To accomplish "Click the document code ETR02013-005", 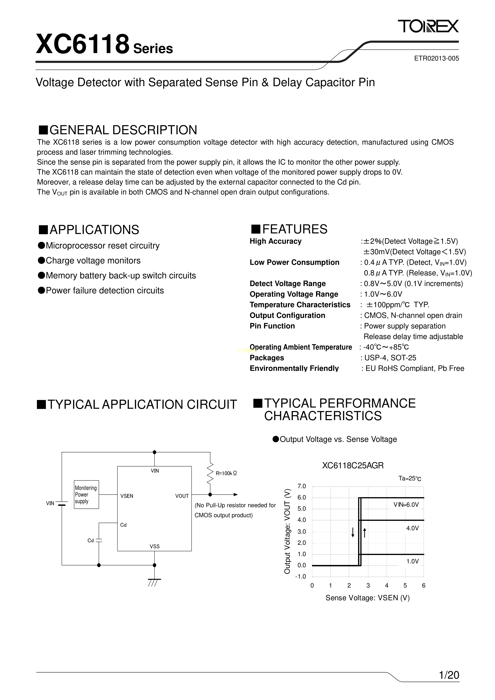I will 436,58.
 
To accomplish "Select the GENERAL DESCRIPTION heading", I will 118,130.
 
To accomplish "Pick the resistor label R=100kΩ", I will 226,473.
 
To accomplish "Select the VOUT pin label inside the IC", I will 182,496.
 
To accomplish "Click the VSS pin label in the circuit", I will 155,546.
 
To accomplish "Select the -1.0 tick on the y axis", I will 300,576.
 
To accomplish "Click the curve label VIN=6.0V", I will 406,505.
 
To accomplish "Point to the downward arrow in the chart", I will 353,532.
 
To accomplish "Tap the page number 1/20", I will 449,675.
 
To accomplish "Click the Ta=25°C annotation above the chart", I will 410,479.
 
